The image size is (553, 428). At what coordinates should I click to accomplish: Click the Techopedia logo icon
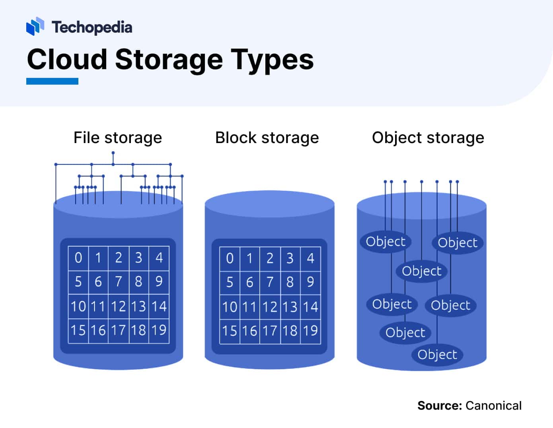[x=35, y=26]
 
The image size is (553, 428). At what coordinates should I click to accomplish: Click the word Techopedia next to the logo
[x=92, y=27]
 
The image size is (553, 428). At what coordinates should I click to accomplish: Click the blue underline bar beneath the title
[x=52, y=81]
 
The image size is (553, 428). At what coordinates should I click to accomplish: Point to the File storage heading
[x=118, y=138]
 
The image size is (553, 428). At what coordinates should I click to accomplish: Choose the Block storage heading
[x=267, y=138]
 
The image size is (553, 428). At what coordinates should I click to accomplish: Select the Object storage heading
[x=428, y=138]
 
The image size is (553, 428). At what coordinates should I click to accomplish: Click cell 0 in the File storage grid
[x=78, y=258]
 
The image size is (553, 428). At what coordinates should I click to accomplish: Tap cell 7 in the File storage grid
[x=119, y=282]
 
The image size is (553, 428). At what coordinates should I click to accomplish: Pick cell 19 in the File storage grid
[x=159, y=330]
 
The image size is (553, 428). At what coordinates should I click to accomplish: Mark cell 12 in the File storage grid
[x=119, y=306]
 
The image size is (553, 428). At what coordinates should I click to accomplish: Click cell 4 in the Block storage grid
[x=310, y=258]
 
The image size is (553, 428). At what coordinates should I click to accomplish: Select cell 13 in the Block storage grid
[x=290, y=307]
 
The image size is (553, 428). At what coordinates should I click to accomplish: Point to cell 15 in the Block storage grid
[x=230, y=331]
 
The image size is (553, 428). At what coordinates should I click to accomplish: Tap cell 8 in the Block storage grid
[x=290, y=282]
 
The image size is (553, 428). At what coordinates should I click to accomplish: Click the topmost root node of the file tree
[x=113, y=153]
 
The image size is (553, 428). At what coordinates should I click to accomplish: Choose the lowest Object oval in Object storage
[x=437, y=354]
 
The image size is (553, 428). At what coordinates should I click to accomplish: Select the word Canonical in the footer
[x=493, y=406]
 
